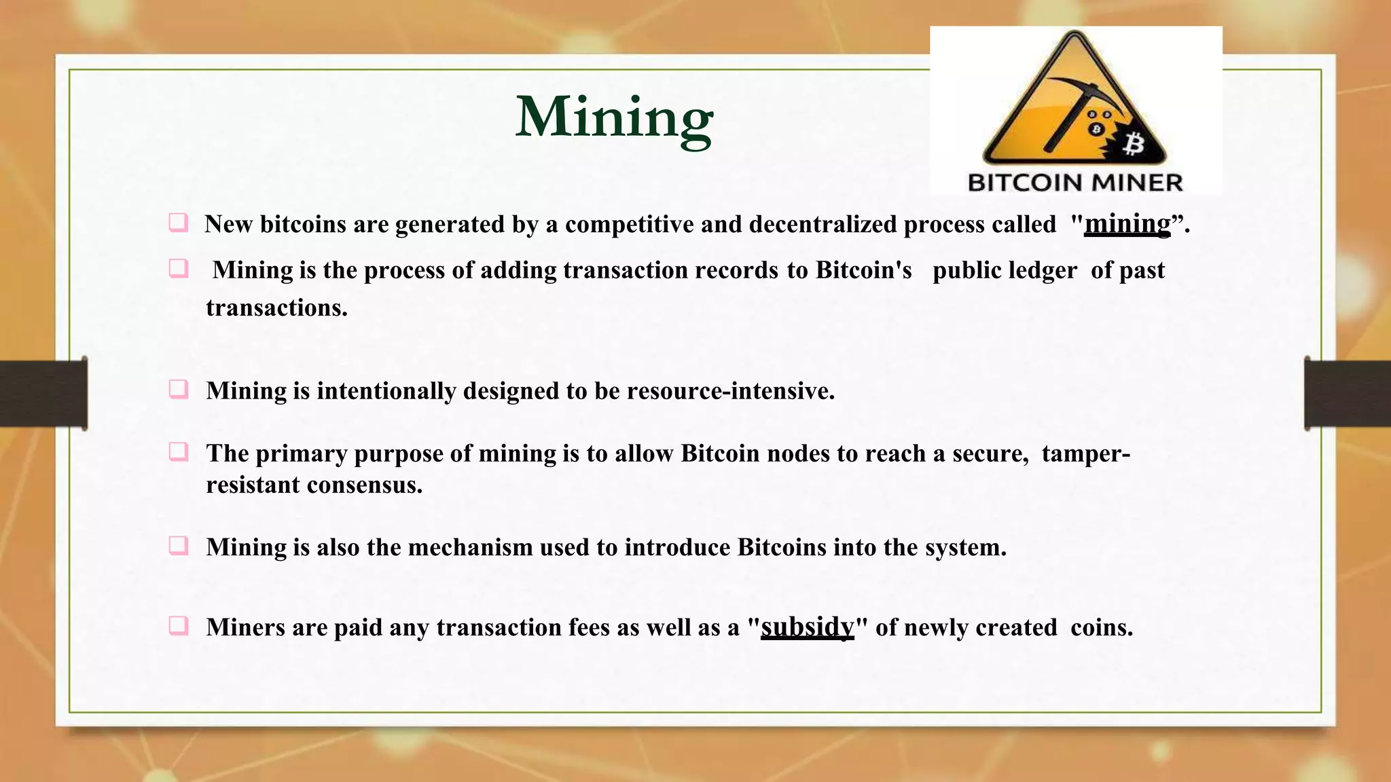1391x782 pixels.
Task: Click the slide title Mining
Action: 614,117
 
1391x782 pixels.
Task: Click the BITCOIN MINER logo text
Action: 1074,182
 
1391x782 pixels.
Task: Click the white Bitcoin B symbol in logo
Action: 1133,144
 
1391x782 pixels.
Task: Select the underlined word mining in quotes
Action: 1127,224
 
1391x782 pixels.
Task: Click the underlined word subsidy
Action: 807,627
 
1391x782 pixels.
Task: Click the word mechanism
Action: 470,547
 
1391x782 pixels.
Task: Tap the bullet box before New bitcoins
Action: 179,223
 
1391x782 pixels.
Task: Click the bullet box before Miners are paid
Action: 179,625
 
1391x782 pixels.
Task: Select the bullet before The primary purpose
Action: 179,451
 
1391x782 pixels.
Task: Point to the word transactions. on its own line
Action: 276,308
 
